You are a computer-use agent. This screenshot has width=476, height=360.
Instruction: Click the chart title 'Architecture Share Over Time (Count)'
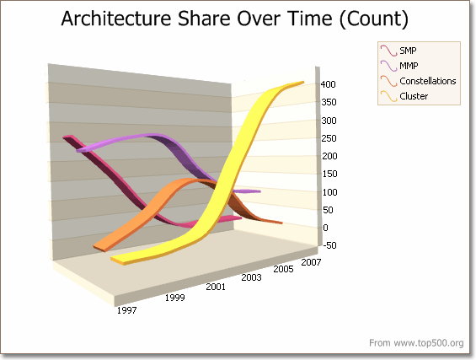tap(235, 19)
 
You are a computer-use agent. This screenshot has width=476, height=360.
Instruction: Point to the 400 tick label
tap(329, 84)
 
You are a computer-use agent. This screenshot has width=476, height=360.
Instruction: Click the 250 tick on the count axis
tap(329, 138)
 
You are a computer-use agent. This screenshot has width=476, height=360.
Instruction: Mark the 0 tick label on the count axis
tap(325, 228)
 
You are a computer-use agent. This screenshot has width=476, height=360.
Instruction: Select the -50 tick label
tap(329, 245)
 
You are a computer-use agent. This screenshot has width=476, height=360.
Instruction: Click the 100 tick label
tap(329, 192)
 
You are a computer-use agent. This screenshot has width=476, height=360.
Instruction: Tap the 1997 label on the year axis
tap(127, 310)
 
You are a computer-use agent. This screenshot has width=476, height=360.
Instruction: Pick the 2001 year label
tap(216, 287)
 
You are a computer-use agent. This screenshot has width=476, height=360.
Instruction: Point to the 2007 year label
tap(311, 262)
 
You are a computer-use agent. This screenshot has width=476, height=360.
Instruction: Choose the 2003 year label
tap(251, 277)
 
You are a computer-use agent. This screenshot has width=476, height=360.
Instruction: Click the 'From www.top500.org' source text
tap(416, 342)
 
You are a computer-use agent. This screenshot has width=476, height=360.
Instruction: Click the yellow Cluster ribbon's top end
tap(301, 83)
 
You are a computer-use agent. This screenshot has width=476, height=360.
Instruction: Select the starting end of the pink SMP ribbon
tap(67, 137)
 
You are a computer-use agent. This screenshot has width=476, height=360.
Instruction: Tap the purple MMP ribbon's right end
tap(258, 191)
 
